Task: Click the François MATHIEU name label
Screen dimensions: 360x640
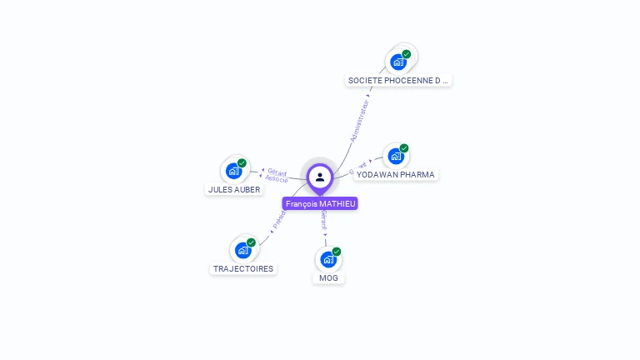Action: point(320,203)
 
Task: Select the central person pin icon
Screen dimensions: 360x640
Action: point(320,177)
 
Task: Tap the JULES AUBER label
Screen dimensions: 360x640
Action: point(234,189)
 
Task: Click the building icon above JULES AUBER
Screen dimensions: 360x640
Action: point(234,172)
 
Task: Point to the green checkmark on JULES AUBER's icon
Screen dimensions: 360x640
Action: point(242,163)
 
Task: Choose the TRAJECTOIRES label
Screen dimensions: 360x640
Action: point(243,268)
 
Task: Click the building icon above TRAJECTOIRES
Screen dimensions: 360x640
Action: point(243,250)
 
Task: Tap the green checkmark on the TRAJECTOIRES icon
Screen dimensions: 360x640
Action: point(251,242)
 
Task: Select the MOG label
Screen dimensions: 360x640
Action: point(329,277)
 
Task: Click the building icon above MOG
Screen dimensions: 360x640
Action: point(328,259)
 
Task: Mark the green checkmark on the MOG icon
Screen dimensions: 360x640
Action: point(337,252)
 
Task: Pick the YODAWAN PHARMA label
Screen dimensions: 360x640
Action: point(395,174)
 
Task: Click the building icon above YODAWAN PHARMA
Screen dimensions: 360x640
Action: point(396,156)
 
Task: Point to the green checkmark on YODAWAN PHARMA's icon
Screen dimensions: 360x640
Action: point(404,148)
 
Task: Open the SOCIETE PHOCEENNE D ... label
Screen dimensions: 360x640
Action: point(399,80)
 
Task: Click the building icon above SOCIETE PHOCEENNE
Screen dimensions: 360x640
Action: point(398,62)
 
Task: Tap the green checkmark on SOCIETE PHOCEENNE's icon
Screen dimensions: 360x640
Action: point(406,54)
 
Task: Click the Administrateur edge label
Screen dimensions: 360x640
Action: point(360,122)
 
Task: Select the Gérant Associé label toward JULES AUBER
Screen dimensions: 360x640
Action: point(277,176)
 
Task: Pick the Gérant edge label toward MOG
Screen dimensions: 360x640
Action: point(324,219)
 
